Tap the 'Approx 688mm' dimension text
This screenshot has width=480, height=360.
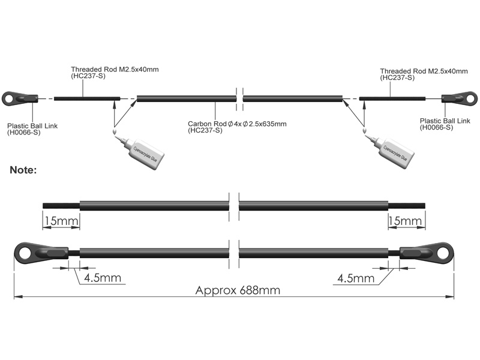point(238,290)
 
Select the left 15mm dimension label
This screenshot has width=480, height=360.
point(61,221)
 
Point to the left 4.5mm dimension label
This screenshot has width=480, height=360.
point(103,278)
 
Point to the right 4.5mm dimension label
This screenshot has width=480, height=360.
point(356,278)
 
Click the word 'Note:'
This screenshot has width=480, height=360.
point(23,170)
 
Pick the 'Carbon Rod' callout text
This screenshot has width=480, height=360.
point(237,127)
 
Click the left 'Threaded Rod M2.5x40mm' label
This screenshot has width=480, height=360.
point(114,73)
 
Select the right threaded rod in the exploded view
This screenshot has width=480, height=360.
point(392,98)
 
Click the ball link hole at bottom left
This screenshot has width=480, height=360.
point(25,252)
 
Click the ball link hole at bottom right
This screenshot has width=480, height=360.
point(443,252)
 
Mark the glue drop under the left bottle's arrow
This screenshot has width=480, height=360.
point(113,131)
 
